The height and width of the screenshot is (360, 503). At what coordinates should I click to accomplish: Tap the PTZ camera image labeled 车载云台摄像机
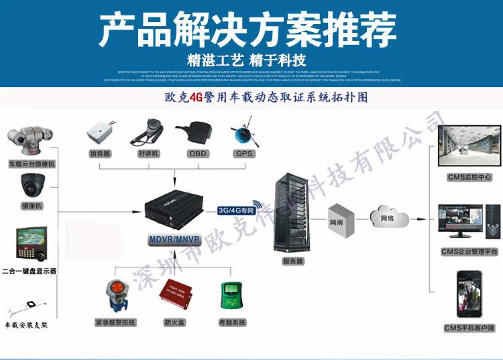coord(28,137)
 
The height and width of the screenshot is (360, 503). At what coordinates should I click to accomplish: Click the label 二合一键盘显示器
coord(30,271)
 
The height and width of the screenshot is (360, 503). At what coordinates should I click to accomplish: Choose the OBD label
coord(197,154)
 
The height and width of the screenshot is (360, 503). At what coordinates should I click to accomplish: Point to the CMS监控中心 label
coord(465,178)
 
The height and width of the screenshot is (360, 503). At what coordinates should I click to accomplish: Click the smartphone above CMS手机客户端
coord(469,294)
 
